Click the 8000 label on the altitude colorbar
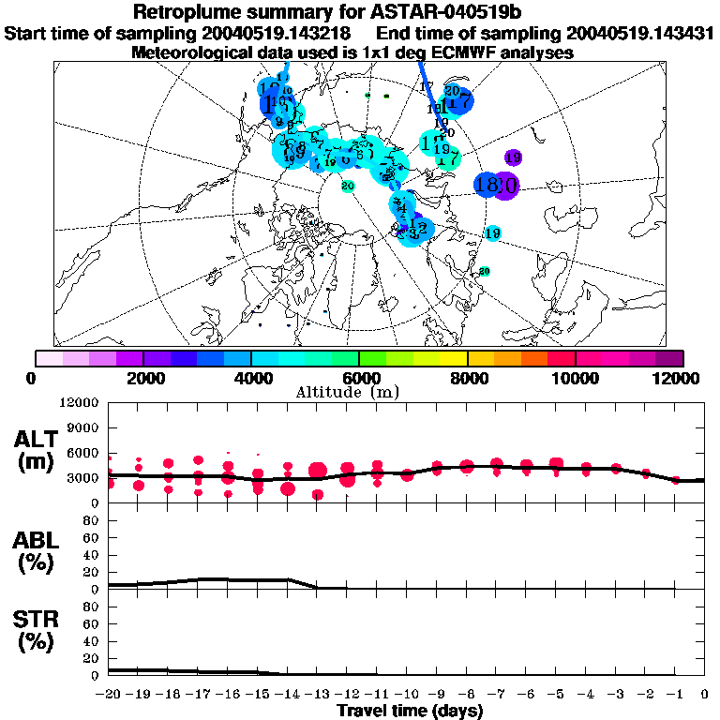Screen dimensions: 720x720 pyautogui.click(x=468, y=378)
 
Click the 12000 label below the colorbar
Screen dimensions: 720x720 pyautogui.click(x=679, y=378)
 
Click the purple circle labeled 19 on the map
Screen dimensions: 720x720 pyautogui.click(x=513, y=157)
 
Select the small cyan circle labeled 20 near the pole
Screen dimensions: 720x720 pyautogui.click(x=348, y=186)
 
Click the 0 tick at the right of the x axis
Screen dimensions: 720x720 pyautogui.click(x=704, y=694)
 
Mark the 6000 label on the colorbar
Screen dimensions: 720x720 pyautogui.click(x=359, y=378)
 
